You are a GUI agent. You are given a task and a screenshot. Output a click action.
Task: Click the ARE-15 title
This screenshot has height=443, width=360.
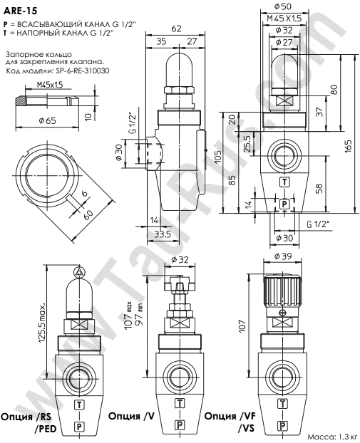(x=19, y=11)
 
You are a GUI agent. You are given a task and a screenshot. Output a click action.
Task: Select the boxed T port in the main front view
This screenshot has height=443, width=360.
(x=284, y=182)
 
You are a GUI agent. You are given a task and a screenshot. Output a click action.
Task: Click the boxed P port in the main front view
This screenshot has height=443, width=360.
(x=284, y=204)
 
